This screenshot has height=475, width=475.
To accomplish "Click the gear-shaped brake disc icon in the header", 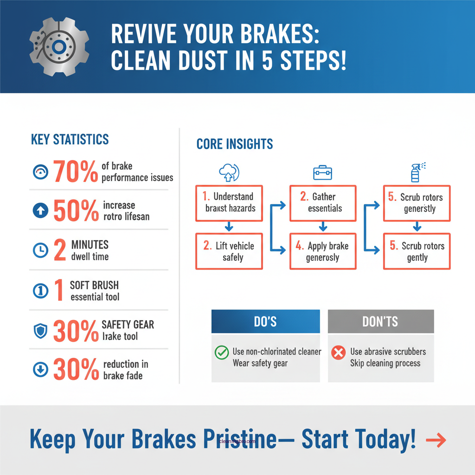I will [58, 47].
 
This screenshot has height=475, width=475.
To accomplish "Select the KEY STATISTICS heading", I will [70, 139].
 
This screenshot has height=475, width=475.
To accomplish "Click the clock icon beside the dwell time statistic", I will [40, 250].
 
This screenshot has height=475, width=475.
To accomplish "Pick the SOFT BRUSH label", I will [94, 285].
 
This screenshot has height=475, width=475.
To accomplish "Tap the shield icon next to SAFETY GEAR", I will [40, 331].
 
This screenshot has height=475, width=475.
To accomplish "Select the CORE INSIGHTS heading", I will [235, 144].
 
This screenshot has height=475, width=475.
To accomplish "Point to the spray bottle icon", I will [417, 173].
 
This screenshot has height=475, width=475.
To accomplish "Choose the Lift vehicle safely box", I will [229, 251].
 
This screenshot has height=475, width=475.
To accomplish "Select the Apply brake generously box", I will [323, 251].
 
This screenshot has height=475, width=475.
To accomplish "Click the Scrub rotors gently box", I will [417, 251].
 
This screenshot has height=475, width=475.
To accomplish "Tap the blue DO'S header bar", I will [265, 321].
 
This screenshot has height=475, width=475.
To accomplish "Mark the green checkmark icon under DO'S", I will [222, 353].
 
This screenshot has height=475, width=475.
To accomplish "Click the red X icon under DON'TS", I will [339, 353].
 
